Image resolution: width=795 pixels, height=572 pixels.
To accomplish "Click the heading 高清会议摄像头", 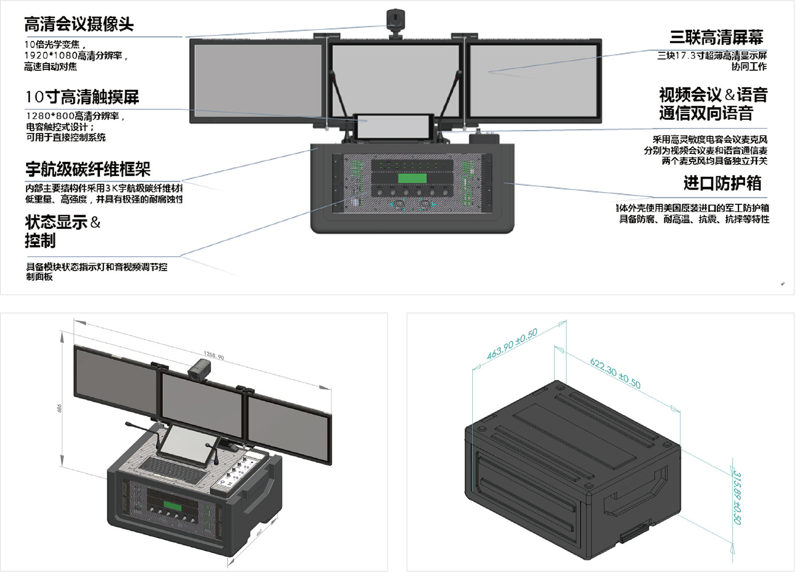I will [x=79, y=24].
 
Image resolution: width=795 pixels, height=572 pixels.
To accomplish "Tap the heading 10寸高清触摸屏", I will [x=82, y=97].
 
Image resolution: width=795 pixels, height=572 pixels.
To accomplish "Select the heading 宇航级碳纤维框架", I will [x=88, y=169].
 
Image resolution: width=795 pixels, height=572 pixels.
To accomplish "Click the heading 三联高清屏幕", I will [x=716, y=37].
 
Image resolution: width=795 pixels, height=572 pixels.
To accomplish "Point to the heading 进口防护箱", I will [x=722, y=183].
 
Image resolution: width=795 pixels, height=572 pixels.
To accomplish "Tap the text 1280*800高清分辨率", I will [x=75, y=116].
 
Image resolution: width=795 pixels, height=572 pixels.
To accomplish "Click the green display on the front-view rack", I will [x=412, y=178].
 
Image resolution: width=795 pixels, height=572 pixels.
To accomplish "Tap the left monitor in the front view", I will [x=256, y=82].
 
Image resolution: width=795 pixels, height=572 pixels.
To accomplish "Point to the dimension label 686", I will [x=60, y=408].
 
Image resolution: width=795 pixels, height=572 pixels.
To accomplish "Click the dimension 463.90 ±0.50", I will [x=512, y=344].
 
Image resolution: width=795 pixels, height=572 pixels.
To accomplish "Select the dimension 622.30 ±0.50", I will [x=615, y=373].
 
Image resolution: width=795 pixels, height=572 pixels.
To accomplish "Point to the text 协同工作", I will [x=749, y=67].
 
